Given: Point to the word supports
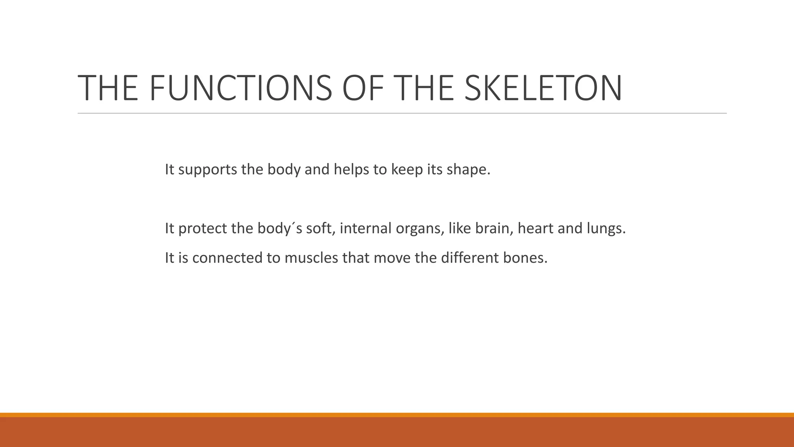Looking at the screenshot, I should [x=207, y=170].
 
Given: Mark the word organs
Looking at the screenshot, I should [x=419, y=228].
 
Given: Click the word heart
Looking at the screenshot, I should [x=535, y=228].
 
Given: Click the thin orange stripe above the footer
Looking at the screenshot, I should [x=397, y=415].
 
